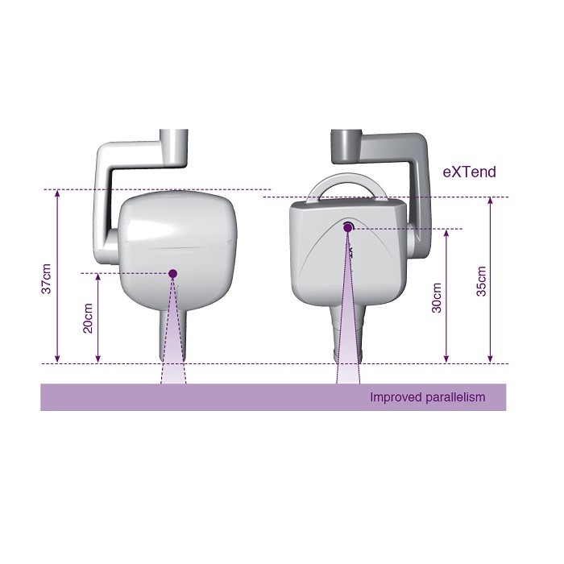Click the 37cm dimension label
[x=47, y=279]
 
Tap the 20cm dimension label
[x=88, y=318]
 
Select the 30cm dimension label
[x=437, y=298]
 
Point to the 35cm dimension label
[x=481, y=281]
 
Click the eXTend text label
[x=469, y=172]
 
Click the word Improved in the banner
[x=396, y=397]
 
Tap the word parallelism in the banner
[x=455, y=397]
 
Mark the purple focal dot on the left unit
[x=173, y=274]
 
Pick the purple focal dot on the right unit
[x=348, y=227]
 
